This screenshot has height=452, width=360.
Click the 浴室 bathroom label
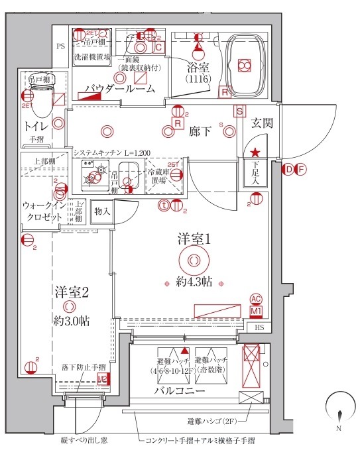tap(198, 67)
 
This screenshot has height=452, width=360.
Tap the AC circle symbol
tap(256, 300)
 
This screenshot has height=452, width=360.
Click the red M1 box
tap(256, 310)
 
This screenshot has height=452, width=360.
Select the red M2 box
tap(103, 379)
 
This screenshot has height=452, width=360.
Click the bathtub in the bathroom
tap(243, 63)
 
